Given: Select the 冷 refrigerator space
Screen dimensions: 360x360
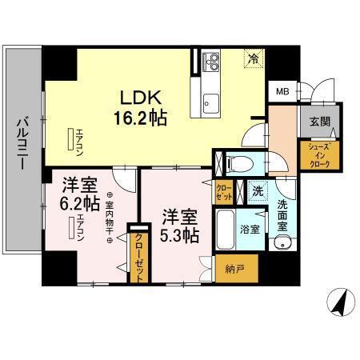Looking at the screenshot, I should [x=253, y=58].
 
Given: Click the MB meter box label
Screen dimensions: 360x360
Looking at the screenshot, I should [x=282, y=90].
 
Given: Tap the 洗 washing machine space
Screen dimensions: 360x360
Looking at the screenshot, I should [x=256, y=191].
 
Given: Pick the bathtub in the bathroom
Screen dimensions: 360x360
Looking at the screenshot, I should [x=225, y=228].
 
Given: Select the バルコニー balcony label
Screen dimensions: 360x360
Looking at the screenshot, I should [x=22, y=140].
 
